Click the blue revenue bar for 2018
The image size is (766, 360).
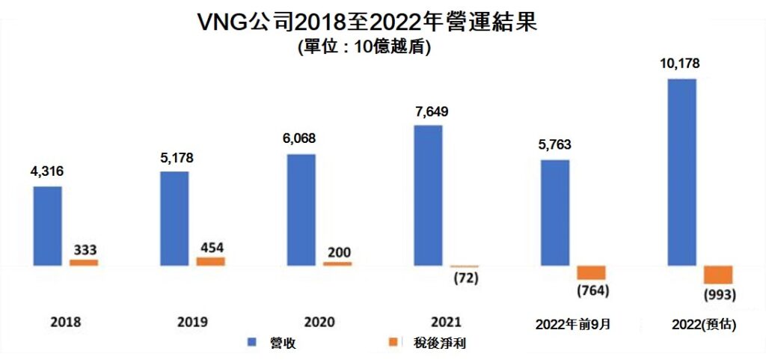[x=48, y=226]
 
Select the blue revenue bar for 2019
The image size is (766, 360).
[x=174, y=219]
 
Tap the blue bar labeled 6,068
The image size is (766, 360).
[x=301, y=210]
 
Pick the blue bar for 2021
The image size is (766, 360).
[x=428, y=195]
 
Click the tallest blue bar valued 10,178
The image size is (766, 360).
[x=681, y=172]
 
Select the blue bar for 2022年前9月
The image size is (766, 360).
[x=554, y=213]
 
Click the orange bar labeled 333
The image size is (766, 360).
[x=84, y=263]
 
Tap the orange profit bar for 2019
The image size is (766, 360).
[x=210, y=261]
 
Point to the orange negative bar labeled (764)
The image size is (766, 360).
[x=591, y=272]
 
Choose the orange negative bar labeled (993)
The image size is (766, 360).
[x=718, y=275]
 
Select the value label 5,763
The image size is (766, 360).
[x=554, y=146]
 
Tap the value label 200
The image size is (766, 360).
[x=338, y=251]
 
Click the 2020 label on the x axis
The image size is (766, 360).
[x=319, y=322]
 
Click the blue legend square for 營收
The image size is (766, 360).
[x=251, y=343]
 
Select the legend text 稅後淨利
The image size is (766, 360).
[x=437, y=343]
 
